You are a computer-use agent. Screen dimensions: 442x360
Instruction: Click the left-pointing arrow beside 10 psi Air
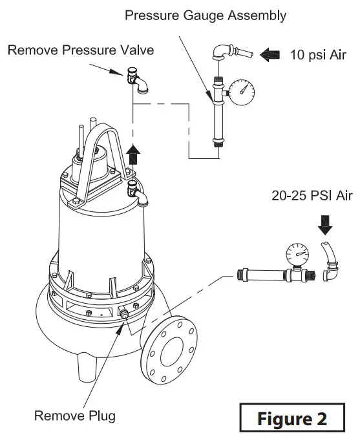coord(271,56)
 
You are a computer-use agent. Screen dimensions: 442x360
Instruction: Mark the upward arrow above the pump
coord(134,155)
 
